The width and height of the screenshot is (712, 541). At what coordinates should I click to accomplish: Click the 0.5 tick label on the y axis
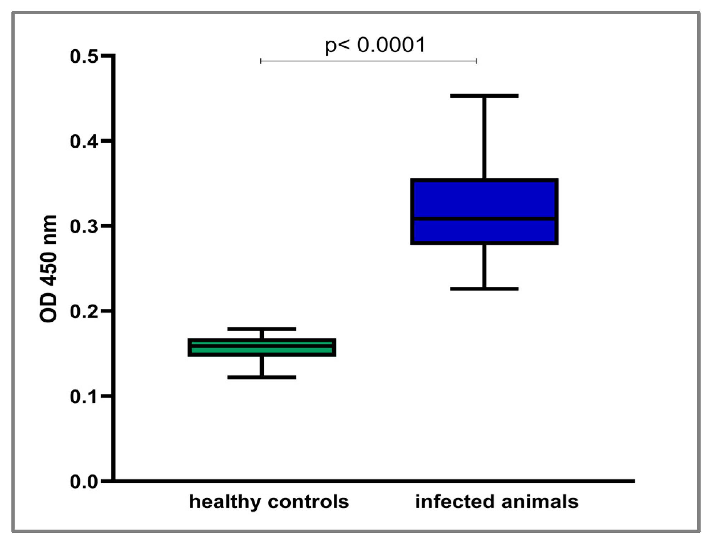pyautogui.click(x=84, y=56)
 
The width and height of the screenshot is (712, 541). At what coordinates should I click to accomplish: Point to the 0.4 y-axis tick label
pyautogui.click(x=84, y=142)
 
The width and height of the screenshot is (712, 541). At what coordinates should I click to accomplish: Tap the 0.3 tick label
pyautogui.click(x=84, y=226)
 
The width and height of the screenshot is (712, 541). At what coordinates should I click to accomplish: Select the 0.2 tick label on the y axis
pyautogui.click(x=84, y=311)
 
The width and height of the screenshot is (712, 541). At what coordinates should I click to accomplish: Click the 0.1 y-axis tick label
pyautogui.click(x=84, y=396)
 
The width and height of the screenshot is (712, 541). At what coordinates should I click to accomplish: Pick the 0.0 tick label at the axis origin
pyautogui.click(x=84, y=481)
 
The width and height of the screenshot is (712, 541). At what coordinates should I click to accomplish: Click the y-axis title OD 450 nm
pyautogui.click(x=48, y=269)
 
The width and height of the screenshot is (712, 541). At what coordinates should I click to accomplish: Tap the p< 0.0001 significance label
pyautogui.click(x=375, y=45)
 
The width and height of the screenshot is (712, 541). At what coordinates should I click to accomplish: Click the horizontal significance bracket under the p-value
pyautogui.click(x=368, y=61)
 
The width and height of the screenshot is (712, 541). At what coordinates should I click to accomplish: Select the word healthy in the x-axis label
pyautogui.click(x=225, y=502)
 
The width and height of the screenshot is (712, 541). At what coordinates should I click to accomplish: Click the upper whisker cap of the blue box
pyautogui.click(x=484, y=96)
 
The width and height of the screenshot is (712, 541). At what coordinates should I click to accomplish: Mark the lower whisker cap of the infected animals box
pyautogui.click(x=484, y=289)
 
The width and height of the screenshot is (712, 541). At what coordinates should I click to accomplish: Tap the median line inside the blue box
pyautogui.click(x=484, y=218)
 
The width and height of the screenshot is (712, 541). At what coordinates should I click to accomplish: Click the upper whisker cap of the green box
pyautogui.click(x=262, y=329)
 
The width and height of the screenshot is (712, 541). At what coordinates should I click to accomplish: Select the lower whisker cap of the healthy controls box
pyautogui.click(x=262, y=377)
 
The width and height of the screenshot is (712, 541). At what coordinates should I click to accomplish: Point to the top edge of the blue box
pyautogui.click(x=484, y=180)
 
